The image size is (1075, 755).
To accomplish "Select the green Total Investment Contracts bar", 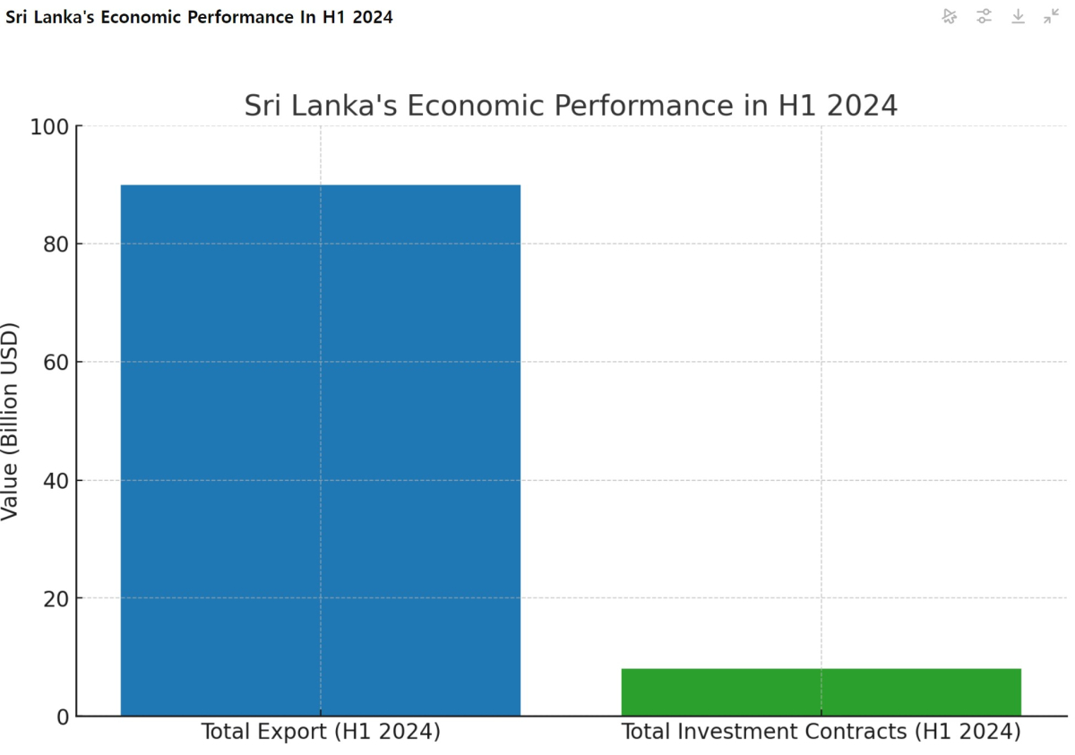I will (x=821, y=691).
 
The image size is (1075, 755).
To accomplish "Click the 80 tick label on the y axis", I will (x=56, y=245).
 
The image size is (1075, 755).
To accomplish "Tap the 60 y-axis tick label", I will (x=56, y=363).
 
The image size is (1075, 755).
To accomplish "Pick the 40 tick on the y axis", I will (x=56, y=481).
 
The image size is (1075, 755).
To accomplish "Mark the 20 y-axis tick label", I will (x=56, y=598).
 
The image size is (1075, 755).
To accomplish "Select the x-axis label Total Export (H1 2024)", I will (x=321, y=732).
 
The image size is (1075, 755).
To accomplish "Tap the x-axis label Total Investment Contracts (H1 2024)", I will (x=821, y=732).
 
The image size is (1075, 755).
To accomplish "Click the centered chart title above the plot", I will (x=571, y=106).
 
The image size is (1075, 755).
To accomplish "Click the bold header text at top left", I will (x=199, y=17).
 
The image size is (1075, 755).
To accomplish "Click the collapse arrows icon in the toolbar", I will (x=1052, y=16).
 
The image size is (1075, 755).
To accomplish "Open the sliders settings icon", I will (x=984, y=16).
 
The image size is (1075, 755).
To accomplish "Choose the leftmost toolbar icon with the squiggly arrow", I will (x=950, y=16).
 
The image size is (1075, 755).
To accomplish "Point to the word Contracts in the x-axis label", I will (x=856, y=732).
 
